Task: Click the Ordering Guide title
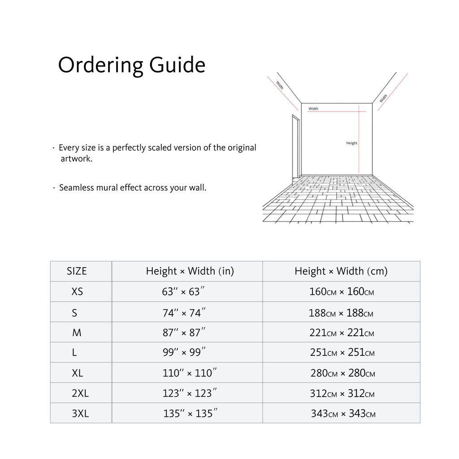131,65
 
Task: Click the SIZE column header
77,271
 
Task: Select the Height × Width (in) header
190,271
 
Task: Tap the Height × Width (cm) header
341,271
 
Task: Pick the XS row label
77,292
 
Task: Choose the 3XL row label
80,414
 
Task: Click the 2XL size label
80,394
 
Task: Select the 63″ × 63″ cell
184,292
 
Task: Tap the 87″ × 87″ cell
184,333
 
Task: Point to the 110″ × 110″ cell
190,373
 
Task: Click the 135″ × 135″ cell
191,414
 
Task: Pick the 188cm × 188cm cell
341,313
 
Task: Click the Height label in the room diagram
352,143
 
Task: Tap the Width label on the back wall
313,108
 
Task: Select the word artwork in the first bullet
76,159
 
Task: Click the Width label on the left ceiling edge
280,85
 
